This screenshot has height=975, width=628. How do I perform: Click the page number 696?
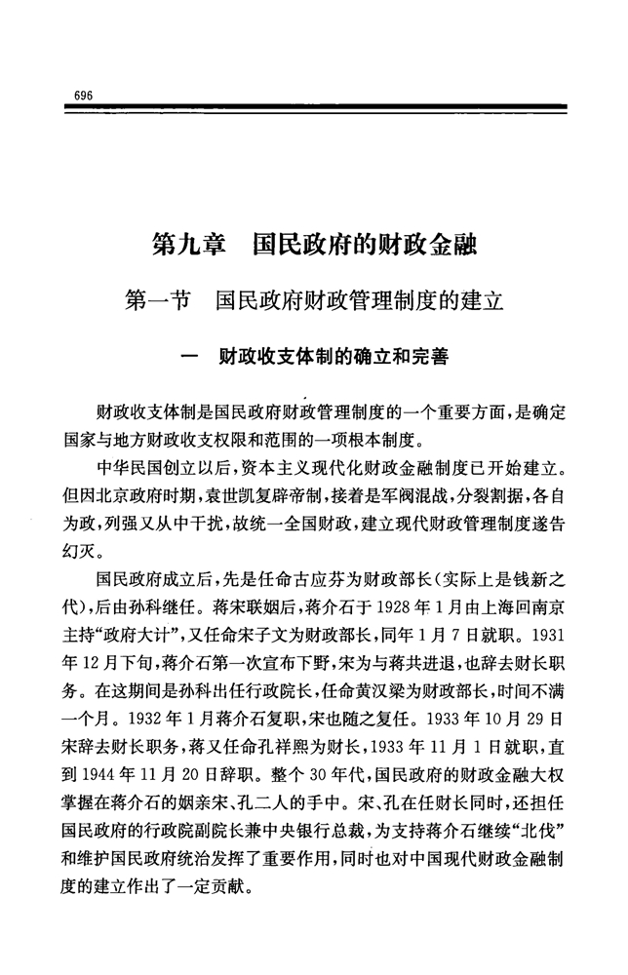(x=82, y=94)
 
